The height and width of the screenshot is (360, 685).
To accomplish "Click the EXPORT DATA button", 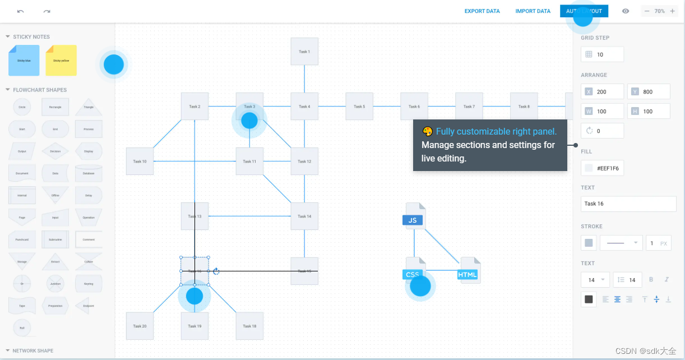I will coord(482,11).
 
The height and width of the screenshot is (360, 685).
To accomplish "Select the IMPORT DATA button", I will coord(533,11).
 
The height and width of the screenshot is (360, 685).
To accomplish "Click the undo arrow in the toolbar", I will coord(21,11).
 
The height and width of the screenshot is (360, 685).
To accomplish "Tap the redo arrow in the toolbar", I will coord(47,11).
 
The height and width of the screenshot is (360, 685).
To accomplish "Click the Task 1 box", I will coord(304,52).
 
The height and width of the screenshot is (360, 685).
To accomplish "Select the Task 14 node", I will coord(304,216).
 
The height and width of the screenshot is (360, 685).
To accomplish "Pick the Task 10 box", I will coord(140,161).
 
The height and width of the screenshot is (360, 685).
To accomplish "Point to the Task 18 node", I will coord(249,326).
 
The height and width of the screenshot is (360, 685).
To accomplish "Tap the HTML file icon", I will coord(469,271).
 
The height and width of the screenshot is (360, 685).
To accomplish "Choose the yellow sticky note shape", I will coord(61,61).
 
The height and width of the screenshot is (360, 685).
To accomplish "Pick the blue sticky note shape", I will coord(24,61).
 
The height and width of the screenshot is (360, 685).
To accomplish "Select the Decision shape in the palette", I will coord(55,151).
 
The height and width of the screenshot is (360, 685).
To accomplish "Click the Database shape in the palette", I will coord(89,173).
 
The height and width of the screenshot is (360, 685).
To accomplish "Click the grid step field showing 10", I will coord(603,54).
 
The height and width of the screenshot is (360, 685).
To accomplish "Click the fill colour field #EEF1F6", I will coord(603,168).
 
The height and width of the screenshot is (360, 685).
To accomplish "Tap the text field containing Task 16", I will coord(628,204).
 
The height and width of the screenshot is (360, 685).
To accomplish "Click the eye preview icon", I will coord(626,11).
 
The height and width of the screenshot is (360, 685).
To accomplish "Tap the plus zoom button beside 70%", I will coord(672,11).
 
